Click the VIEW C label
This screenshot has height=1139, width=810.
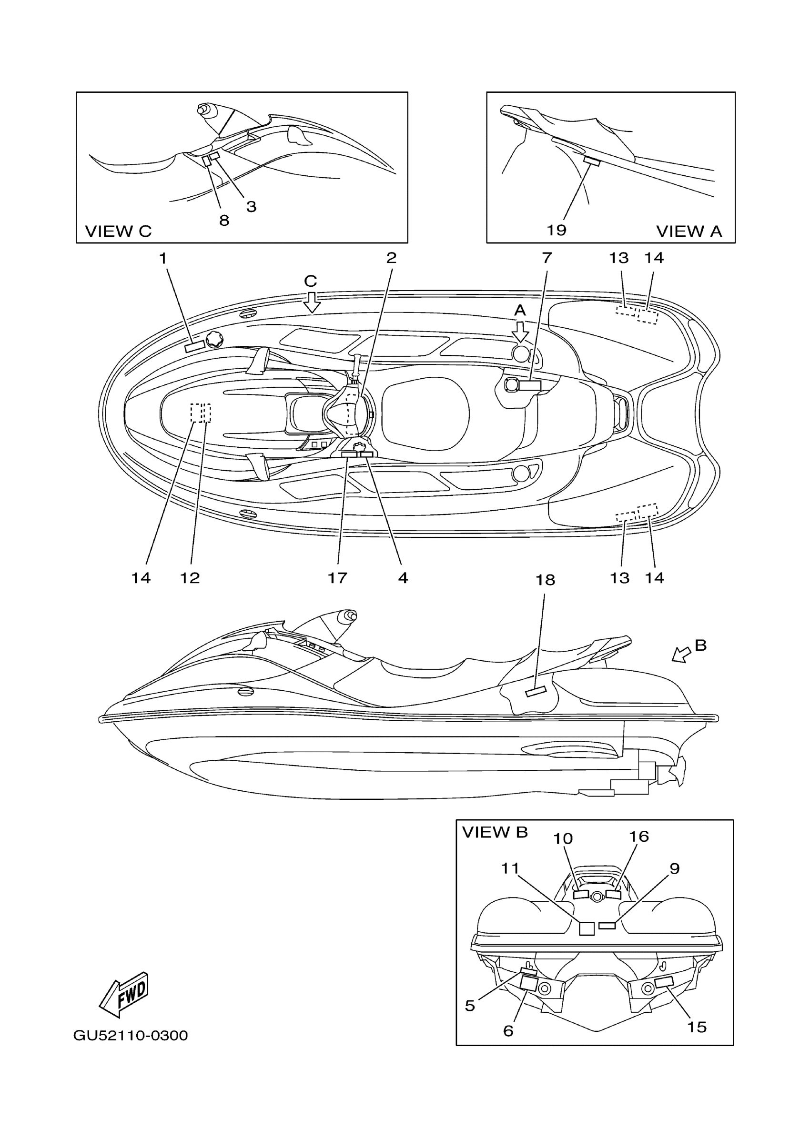click(118, 232)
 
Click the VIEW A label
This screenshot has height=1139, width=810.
click(689, 232)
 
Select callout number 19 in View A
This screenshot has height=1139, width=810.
click(557, 231)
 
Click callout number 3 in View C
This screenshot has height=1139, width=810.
click(252, 206)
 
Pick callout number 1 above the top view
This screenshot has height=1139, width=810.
click(162, 258)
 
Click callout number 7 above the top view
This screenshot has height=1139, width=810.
click(547, 258)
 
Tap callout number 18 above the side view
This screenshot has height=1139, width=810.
click(546, 580)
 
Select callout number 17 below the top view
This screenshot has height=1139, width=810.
click(337, 578)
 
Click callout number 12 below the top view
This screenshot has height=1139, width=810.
click(190, 578)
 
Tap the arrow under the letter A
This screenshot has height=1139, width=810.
click(520, 332)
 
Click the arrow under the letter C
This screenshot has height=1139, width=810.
click(312, 302)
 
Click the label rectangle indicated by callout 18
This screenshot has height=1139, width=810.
click(536, 692)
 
